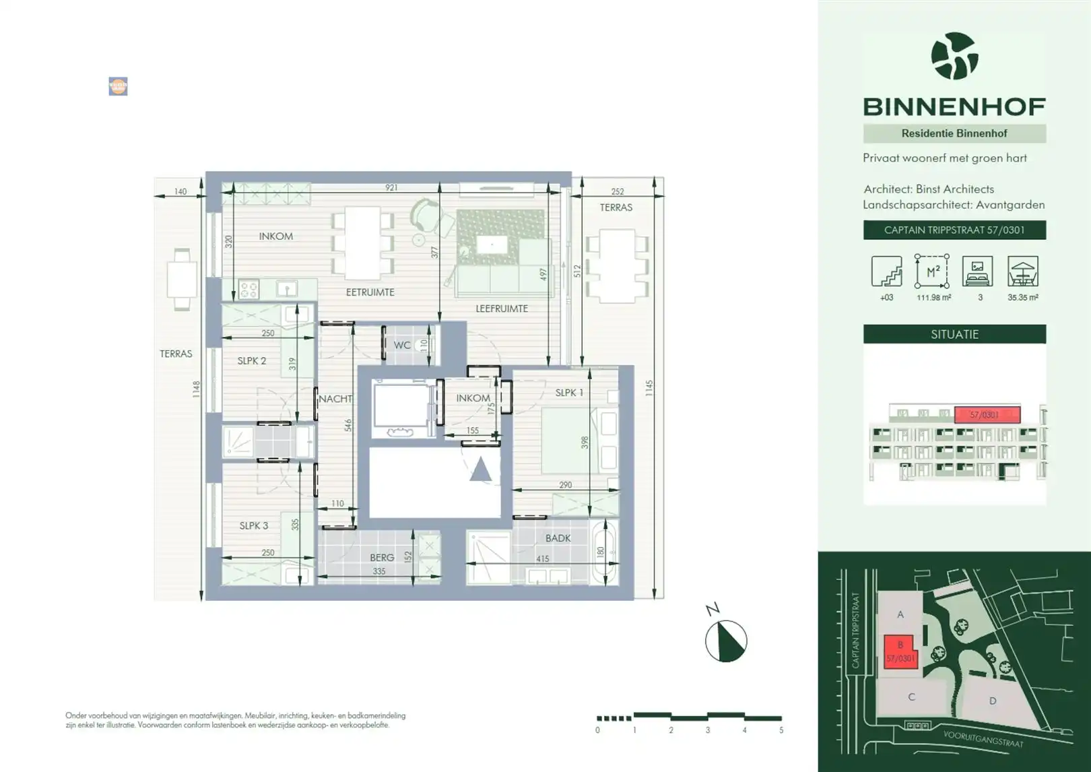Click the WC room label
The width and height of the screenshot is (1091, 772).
[402, 345]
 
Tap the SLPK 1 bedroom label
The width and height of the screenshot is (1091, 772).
[569, 392]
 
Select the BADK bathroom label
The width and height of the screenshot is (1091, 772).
[558, 538]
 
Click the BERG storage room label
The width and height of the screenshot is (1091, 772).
[382, 557]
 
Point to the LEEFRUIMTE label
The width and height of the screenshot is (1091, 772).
[502, 309]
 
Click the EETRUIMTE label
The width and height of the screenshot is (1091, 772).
[370, 292]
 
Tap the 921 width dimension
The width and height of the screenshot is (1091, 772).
[391, 188]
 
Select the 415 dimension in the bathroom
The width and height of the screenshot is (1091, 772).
[542, 558]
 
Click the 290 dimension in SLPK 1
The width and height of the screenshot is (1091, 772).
[565, 484]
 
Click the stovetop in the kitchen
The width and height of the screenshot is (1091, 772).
[249, 290]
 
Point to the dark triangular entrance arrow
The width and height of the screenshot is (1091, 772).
[480, 470]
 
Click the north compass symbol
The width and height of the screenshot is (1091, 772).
[725, 641]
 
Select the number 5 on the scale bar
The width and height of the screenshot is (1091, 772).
[781, 730]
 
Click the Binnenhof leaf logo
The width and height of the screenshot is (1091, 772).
[954, 56]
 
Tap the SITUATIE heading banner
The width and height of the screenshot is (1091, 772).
[954, 334]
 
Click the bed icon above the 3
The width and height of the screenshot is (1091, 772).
[977, 271]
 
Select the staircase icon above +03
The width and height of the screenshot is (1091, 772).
[886, 271]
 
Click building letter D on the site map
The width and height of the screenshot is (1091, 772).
[993, 701]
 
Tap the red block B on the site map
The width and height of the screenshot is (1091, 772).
[900, 651]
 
